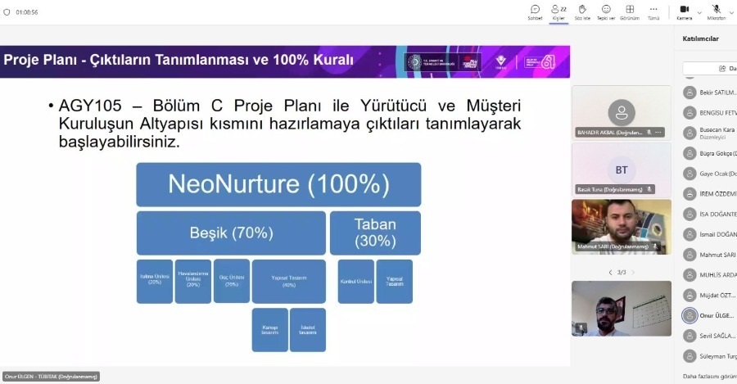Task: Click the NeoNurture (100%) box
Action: (278, 184)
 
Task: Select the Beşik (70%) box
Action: (231, 233)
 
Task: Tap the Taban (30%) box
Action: (375, 233)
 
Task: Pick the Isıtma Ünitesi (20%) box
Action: (154, 281)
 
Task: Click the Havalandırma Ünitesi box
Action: (192, 281)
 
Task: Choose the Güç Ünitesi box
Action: (232, 280)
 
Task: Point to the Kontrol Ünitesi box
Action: (355, 281)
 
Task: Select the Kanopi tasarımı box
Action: (269, 329)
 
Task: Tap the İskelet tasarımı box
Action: (308, 329)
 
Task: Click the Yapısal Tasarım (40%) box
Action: (288, 281)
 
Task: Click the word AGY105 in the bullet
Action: (90, 106)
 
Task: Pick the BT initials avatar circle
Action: (622, 169)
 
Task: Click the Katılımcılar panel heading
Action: (700, 38)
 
